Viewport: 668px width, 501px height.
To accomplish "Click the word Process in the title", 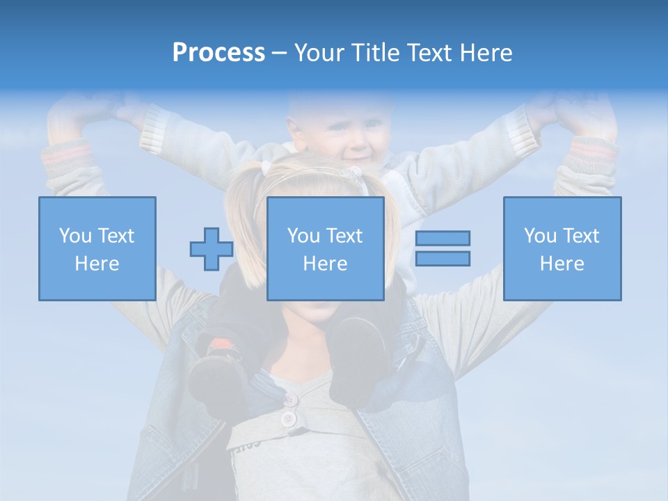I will tap(218, 53).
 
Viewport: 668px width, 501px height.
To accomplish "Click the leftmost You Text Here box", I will tap(97, 248).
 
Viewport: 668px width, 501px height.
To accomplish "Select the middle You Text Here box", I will tap(325, 248).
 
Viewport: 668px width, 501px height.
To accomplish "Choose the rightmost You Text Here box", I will tap(562, 248).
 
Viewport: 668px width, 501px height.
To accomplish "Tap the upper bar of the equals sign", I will tap(443, 238).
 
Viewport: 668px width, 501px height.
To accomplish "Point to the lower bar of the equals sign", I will tap(443, 258).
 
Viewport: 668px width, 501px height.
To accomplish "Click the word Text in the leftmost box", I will tap(116, 236).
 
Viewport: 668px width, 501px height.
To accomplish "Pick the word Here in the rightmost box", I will tap(562, 264).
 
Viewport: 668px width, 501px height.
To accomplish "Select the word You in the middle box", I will tap(303, 236).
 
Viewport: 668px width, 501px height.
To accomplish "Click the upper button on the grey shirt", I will tap(290, 399).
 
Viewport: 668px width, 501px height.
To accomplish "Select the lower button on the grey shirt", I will tap(287, 419).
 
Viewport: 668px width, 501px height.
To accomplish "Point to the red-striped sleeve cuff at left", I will tap(67, 154).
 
